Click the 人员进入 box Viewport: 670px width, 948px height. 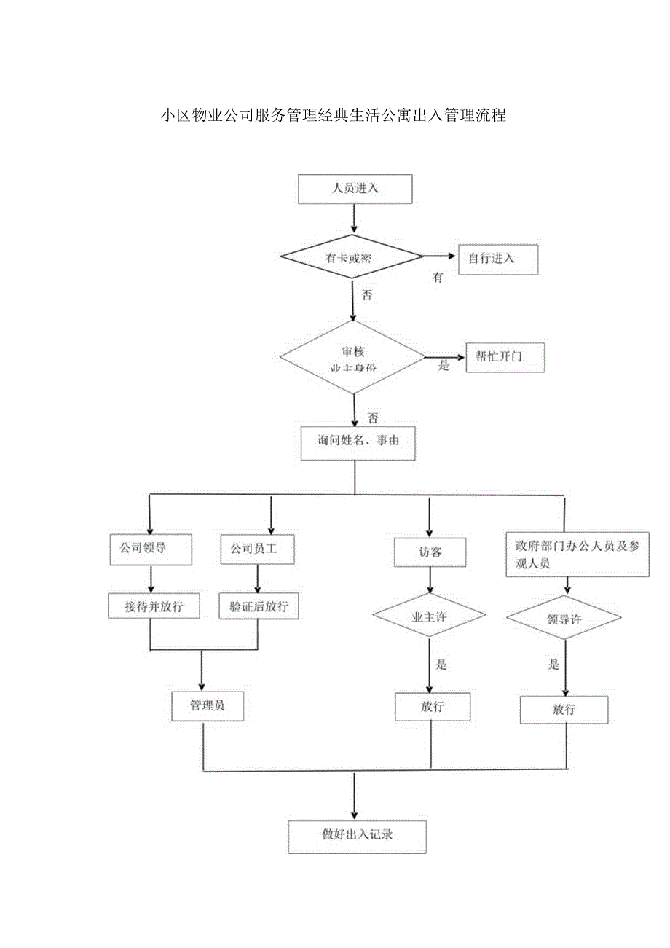(x=355, y=189)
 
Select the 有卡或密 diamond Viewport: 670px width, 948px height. (x=352, y=256)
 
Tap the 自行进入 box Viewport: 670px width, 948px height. (x=497, y=259)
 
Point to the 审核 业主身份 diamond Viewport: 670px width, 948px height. (x=353, y=357)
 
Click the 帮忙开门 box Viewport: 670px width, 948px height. (x=505, y=357)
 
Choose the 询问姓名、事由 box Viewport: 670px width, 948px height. (x=358, y=443)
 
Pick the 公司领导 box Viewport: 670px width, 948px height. (x=151, y=549)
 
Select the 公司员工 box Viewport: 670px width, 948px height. (x=258, y=549)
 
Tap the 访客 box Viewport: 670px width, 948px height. (x=430, y=552)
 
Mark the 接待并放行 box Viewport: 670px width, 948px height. (x=154, y=606)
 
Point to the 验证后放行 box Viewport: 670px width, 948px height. (x=259, y=606)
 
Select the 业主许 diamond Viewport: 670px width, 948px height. (x=430, y=617)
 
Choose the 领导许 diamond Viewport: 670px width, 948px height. (x=564, y=619)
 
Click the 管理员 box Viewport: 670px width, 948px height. (x=208, y=705)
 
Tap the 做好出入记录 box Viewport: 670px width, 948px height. (x=357, y=837)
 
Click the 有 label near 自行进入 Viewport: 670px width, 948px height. (x=438, y=278)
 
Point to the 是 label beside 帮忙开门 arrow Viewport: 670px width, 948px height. (x=444, y=366)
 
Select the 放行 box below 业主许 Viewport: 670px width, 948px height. (x=433, y=707)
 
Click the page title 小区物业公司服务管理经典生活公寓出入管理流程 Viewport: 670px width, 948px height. (x=334, y=116)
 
